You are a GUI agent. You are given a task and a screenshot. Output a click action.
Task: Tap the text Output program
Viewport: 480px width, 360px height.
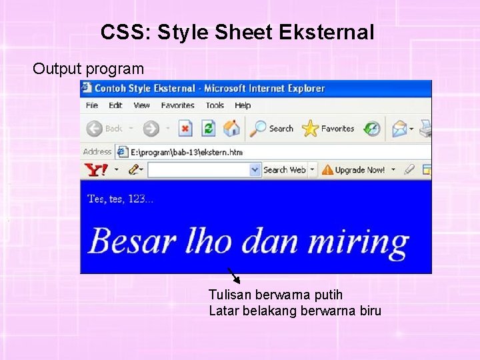tap(88, 69)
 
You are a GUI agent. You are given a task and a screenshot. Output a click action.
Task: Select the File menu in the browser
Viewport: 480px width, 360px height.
tap(92, 105)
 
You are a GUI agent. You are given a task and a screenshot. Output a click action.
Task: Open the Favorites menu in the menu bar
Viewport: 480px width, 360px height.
tap(177, 105)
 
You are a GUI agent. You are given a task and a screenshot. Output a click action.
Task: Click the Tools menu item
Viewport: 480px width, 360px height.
tap(215, 105)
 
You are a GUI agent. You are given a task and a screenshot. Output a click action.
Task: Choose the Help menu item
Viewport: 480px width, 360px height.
tap(243, 105)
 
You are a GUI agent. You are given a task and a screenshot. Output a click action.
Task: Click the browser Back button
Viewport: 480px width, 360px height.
tap(105, 129)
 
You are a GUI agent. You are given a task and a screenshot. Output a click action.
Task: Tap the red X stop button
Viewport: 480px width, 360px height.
tap(185, 129)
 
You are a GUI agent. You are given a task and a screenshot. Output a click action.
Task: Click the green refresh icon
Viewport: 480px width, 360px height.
tap(209, 129)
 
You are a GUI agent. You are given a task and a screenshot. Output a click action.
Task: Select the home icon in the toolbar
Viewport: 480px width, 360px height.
tap(231, 129)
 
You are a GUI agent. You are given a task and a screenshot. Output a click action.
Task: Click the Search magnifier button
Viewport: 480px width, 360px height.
tap(272, 129)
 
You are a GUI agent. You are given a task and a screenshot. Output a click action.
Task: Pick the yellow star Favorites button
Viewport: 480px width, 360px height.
tap(328, 129)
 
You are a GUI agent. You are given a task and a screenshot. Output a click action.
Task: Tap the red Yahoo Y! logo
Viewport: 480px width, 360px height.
tap(95, 170)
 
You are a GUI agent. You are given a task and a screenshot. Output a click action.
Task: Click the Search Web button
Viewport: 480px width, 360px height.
tap(284, 170)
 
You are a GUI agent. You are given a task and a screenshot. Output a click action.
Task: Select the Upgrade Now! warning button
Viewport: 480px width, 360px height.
tap(353, 170)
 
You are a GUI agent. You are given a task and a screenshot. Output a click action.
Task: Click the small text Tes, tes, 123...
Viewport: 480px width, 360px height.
tap(121, 199)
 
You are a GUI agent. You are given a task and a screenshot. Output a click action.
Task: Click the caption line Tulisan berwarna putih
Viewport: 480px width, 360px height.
tap(275, 295)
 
